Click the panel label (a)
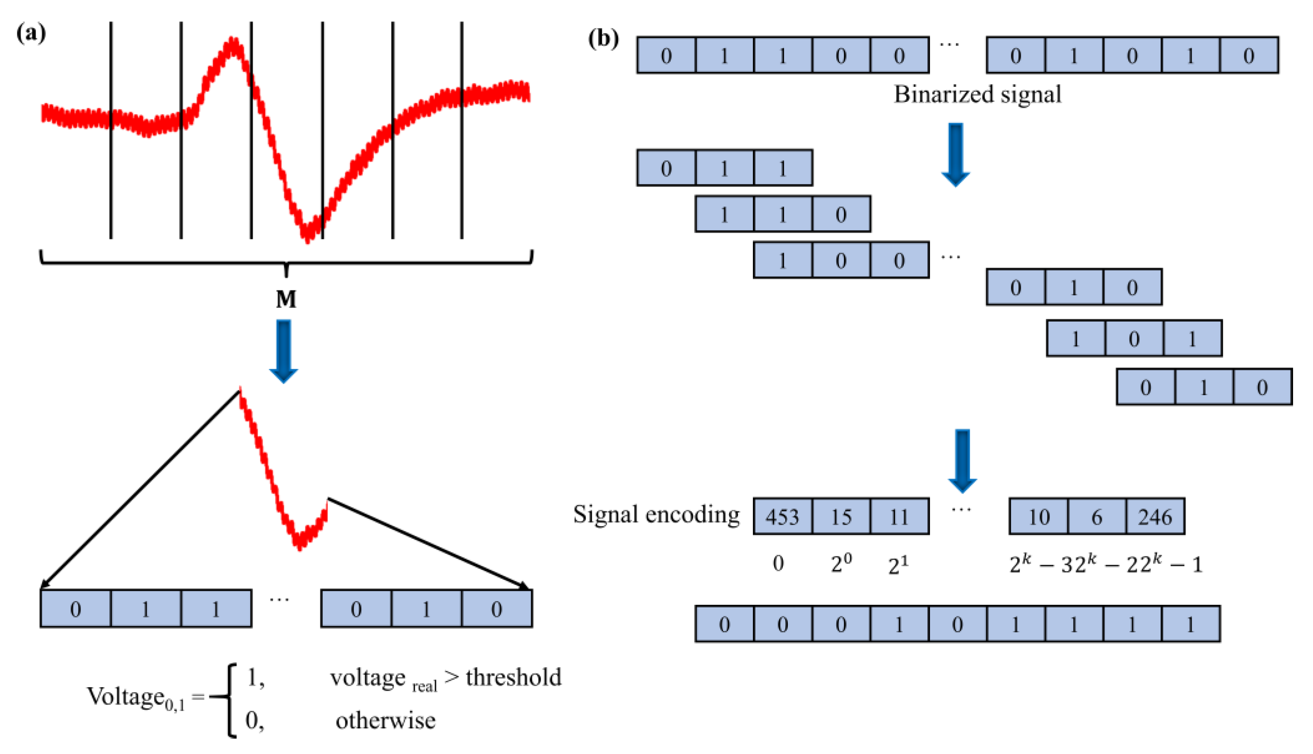pyautogui.click(x=31, y=34)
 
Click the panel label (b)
pyautogui.click(x=603, y=39)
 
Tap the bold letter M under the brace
pyautogui.click(x=286, y=300)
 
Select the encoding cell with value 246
pyautogui.click(x=1155, y=516)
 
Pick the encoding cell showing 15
pyautogui.click(x=841, y=516)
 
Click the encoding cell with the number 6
pyautogui.click(x=1097, y=516)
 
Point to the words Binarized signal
pyautogui.click(x=977, y=94)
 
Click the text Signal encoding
pyautogui.click(x=656, y=514)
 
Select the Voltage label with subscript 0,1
pyautogui.click(x=136, y=698)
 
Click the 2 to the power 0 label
pyautogui.click(x=841, y=563)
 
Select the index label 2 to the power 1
pyautogui.click(x=898, y=565)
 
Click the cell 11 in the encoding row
pyautogui.click(x=899, y=516)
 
